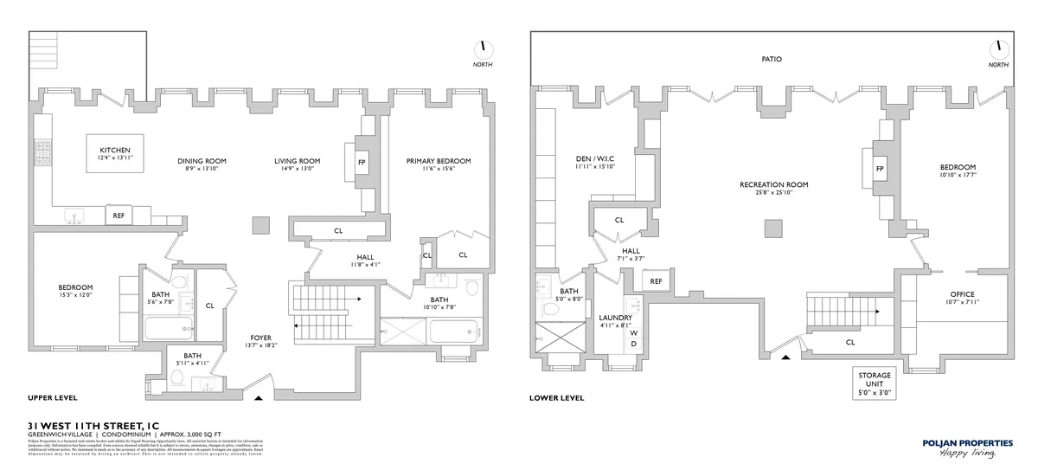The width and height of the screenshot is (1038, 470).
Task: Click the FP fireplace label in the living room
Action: pos(362,162)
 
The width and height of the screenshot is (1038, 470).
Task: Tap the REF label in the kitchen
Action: pos(119,216)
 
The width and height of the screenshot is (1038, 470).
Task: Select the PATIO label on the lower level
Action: pos(771,60)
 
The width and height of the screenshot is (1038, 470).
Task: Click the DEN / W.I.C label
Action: pos(596,162)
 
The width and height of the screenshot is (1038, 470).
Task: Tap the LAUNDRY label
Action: pos(616,319)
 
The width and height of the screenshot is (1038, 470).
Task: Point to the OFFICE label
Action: pos(961,295)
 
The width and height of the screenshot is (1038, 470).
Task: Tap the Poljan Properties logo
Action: pos(966,447)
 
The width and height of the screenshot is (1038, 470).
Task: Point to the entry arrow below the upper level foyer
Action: pos(259,398)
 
